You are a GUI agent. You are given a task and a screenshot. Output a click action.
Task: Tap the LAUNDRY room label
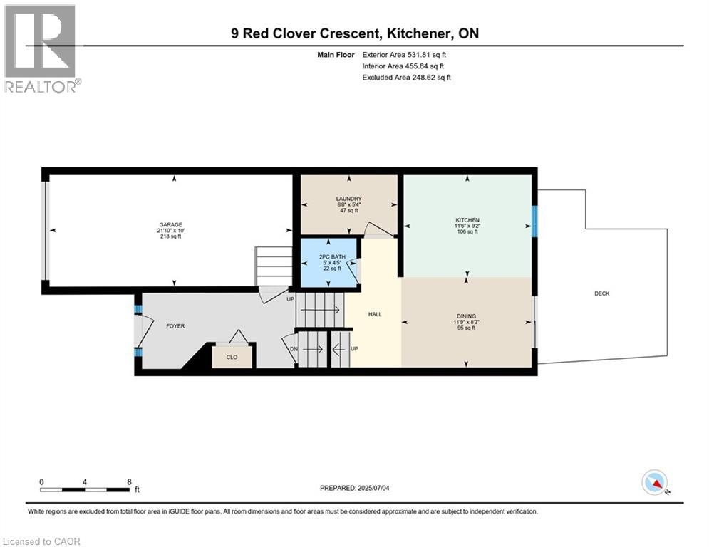click(349, 199)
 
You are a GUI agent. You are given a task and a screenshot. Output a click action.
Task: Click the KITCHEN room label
click(467, 220)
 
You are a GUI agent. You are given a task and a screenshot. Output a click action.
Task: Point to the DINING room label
click(467, 316)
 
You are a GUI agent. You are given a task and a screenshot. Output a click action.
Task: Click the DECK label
click(601, 293)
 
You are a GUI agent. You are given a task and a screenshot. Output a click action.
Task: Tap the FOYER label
click(175, 326)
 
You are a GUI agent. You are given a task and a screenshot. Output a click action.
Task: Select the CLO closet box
click(232, 357)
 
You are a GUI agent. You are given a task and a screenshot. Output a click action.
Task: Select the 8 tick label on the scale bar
click(128, 482)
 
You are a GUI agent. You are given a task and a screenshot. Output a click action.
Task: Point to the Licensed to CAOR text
click(41, 541)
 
